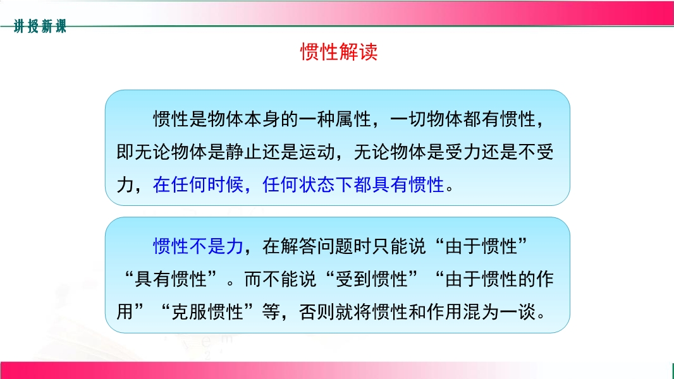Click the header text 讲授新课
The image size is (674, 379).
click(x=40, y=26)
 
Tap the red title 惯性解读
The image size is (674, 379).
click(x=339, y=52)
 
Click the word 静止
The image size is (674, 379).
click(x=243, y=152)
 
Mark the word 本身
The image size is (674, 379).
click(x=262, y=119)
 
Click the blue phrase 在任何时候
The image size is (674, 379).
click(x=198, y=185)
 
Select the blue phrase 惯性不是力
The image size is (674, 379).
click(x=198, y=246)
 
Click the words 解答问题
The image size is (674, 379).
click(x=317, y=246)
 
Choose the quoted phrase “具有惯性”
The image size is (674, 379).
click(x=171, y=279)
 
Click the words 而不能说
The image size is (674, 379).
click(x=280, y=279)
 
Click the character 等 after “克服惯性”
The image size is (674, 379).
click(x=271, y=312)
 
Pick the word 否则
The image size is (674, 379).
click(x=317, y=312)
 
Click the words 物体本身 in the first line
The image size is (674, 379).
click(x=243, y=119)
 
